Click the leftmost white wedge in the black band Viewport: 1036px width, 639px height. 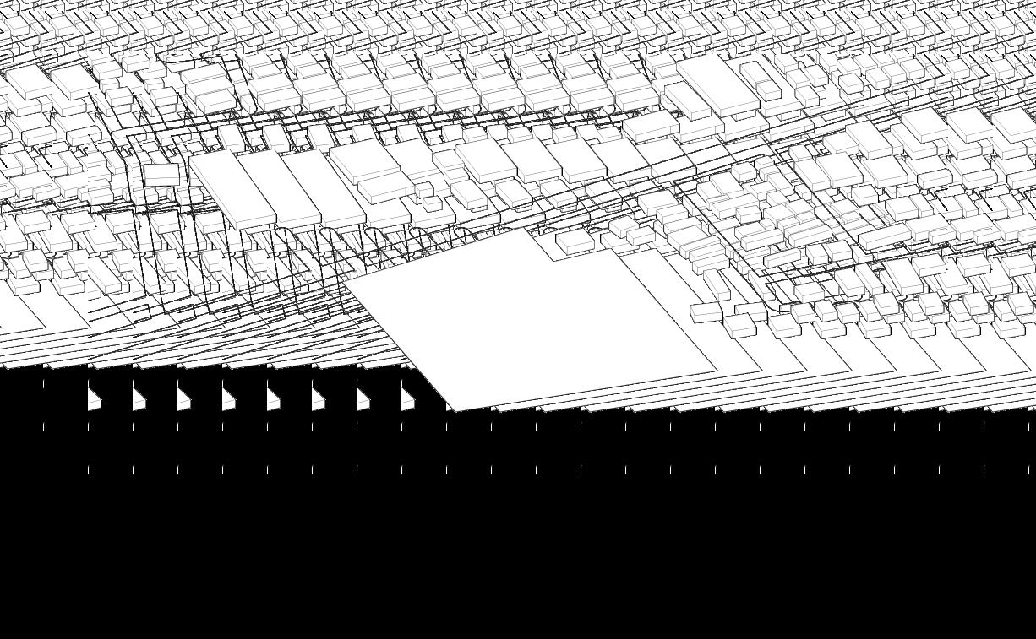click(x=94, y=399)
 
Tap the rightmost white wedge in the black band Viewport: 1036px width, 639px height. click(x=407, y=399)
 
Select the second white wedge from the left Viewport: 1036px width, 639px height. click(x=139, y=399)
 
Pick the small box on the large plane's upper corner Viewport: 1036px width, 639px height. click(x=575, y=241)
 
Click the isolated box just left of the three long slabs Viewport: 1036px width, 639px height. click(x=161, y=175)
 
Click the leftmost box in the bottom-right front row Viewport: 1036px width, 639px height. click(x=707, y=312)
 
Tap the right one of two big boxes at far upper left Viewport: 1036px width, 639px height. click(x=74, y=81)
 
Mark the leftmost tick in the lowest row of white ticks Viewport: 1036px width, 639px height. click(x=88, y=469)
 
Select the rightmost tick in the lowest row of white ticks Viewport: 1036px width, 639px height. click(x=1028, y=469)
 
